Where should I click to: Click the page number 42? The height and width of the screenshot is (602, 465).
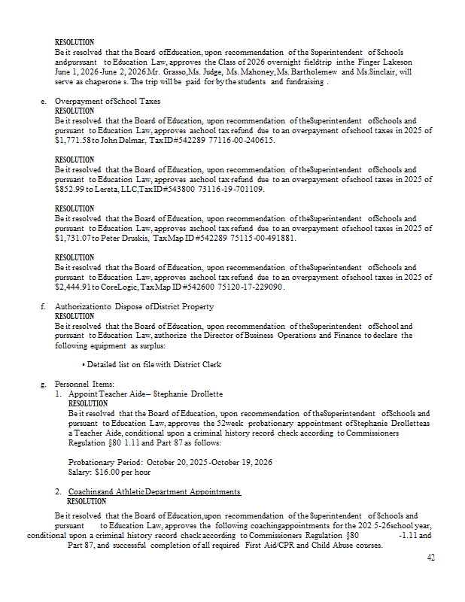430,558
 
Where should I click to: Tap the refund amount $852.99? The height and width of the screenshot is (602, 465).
68,189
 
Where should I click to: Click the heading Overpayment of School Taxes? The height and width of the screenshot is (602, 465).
107,101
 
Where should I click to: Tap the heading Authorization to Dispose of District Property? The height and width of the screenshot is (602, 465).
134,306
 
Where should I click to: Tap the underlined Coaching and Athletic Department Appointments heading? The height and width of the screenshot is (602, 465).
154,491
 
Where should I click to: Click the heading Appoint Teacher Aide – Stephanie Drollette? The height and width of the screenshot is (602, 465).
145,394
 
